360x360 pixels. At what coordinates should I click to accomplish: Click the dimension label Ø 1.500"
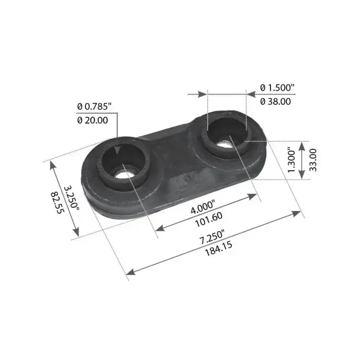point(277,87)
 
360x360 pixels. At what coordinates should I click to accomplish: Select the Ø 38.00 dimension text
point(276,101)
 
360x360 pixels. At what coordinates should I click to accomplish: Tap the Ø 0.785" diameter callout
point(94,106)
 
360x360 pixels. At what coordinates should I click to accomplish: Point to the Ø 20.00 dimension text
point(93,120)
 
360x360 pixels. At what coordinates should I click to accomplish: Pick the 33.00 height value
point(313,160)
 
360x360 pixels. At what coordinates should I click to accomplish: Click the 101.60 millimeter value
point(209,219)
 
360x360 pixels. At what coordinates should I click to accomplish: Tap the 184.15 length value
point(219,248)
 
